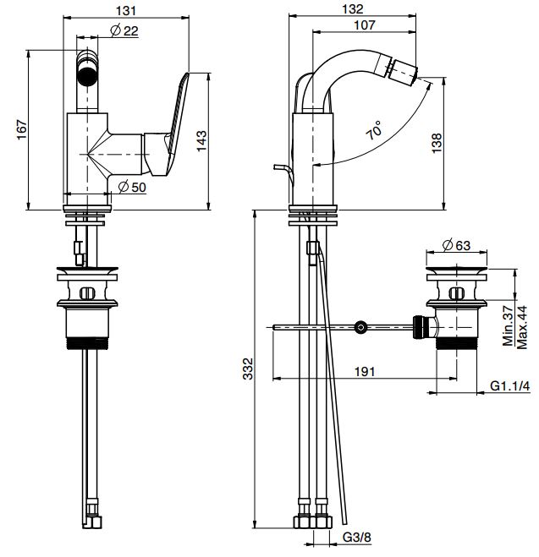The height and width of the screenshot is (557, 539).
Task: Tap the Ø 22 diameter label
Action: coord(124,31)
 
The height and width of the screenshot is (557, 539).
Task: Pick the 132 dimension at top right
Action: coord(355,9)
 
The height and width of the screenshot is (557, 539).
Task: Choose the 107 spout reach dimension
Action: coord(366,25)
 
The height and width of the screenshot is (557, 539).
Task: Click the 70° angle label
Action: coord(374,132)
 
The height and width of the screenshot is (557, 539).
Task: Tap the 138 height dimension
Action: coord(436,143)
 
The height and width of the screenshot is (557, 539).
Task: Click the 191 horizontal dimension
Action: coord(365,371)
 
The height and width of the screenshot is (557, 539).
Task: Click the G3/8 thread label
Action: coord(354,537)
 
